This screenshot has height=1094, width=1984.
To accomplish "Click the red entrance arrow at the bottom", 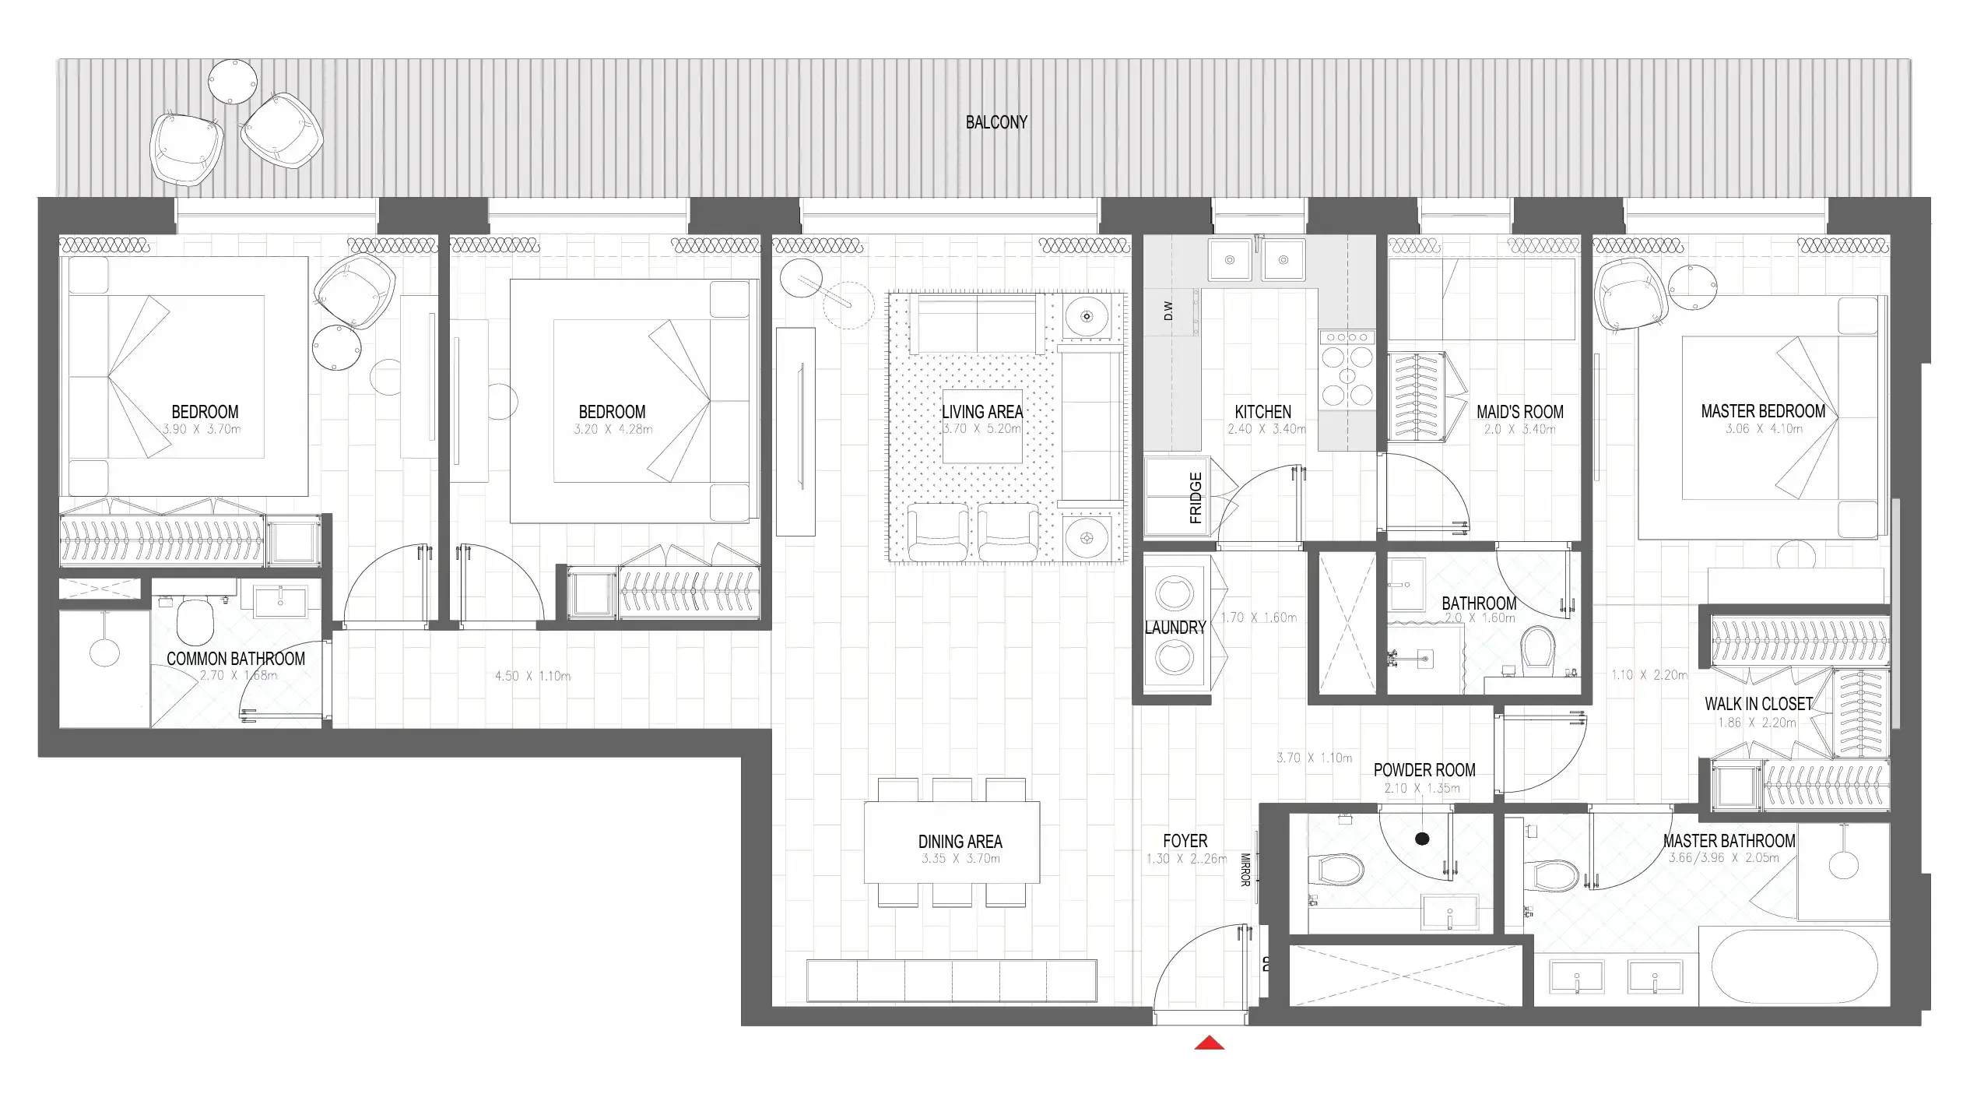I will pos(1209,1043).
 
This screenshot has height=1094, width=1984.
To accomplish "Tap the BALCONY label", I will pos(996,122).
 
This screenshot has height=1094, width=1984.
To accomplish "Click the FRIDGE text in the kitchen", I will pos(1196,498).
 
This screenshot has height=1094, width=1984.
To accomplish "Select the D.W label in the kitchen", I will pos(1168,311).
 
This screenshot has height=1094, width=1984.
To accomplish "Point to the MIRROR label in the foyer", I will pos(1245,870).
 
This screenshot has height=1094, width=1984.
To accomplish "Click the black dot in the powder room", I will pos(1422,839).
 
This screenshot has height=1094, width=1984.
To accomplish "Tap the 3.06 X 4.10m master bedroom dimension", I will pos(1763,429).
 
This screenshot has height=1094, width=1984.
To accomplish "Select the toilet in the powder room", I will pos(1337,869).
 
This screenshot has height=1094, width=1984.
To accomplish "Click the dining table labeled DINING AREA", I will pos(951,842).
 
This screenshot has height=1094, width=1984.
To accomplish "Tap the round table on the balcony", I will pos(233,81).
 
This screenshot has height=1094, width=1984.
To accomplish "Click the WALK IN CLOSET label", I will pos(1758,704).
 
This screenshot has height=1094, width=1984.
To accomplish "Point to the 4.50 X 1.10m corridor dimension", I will pos(532,676).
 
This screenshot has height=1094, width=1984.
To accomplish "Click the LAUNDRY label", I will pos(1175,628).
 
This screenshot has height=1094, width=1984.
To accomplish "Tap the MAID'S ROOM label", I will pos(1519,412).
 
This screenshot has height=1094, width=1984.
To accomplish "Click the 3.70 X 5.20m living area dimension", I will pos(981,429).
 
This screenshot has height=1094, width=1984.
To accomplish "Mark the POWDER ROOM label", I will pos(1424,770).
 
